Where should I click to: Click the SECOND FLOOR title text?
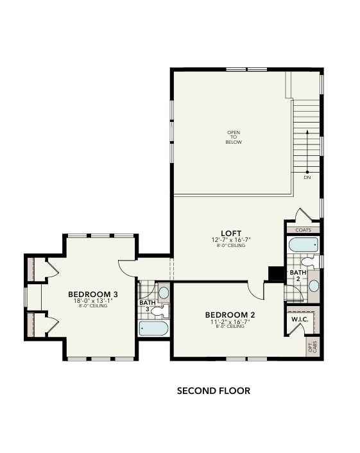[213, 390]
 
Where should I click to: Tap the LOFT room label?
[232, 233]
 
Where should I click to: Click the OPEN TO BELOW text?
[234, 137]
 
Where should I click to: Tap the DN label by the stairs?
[307, 178]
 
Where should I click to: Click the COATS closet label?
[303, 229]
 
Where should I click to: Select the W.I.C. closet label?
[300, 319]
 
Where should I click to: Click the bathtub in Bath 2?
[303, 244]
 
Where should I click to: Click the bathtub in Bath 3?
[154, 329]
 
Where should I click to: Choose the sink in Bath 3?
[163, 293]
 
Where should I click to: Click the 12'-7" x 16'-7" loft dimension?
[232, 239]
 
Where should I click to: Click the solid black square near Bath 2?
[276, 274]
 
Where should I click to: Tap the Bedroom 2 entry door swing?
[257, 291]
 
